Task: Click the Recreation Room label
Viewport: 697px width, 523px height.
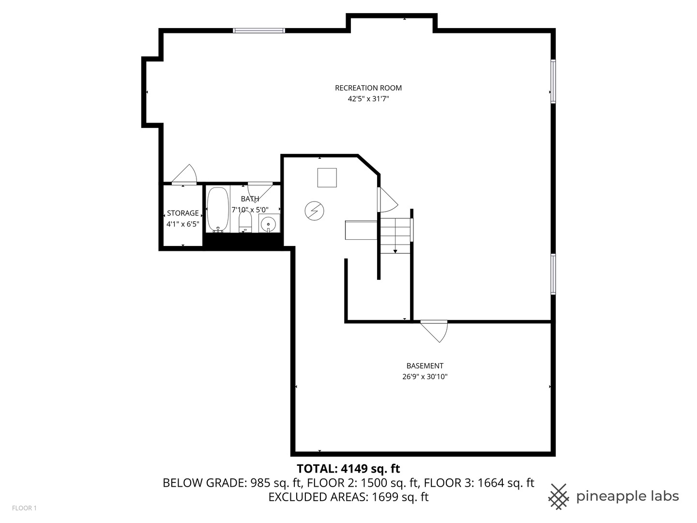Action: pos(368,88)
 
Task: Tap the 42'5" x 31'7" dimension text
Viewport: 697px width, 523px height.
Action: pos(368,99)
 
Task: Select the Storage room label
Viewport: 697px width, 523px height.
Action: pos(182,213)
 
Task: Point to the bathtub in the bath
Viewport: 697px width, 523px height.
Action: pos(218,210)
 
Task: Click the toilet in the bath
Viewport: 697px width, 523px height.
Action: pos(245,221)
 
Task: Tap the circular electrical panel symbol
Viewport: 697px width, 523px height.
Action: pos(314,211)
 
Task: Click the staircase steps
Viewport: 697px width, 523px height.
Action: pos(395,236)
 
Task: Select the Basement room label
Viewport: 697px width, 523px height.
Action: pos(425,366)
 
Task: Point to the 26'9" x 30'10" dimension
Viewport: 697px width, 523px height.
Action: pos(425,377)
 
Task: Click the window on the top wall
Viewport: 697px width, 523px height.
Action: pos(259,31)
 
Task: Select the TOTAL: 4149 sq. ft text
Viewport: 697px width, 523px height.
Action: pos(348,468)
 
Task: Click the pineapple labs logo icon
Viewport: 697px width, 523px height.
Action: pos(559,497)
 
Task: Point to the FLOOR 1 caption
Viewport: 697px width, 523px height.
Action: pos(24,508)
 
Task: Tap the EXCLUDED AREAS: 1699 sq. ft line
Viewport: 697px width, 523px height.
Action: pos(348,497)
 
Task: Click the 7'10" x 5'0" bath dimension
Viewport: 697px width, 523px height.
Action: pos(250,210)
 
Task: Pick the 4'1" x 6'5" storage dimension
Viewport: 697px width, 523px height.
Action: pos(182,224)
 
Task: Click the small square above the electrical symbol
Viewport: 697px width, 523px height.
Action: pos(327,178)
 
